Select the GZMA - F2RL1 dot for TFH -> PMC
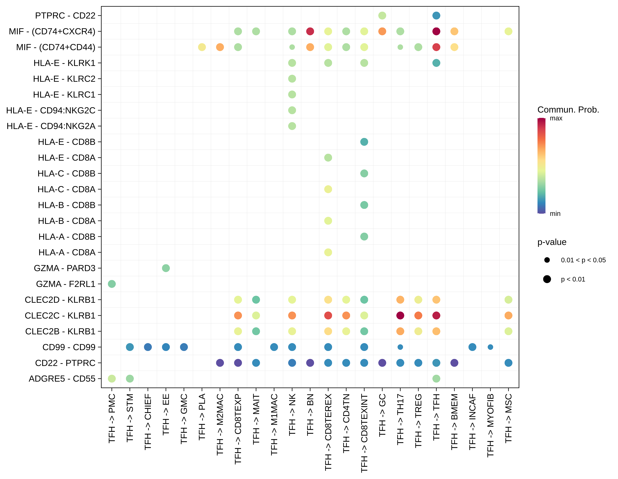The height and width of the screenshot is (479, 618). [x=112, y=284]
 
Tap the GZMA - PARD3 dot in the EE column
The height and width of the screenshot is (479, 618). [x=166, y=268]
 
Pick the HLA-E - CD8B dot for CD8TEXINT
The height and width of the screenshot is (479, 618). [x=364, y=142]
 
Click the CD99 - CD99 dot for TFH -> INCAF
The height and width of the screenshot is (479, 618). [x=472, y=347]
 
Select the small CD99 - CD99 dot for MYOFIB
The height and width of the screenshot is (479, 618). [x=490, y=347]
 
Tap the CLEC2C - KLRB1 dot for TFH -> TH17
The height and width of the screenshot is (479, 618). [x=400, y=316]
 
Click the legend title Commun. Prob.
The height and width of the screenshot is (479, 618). [x=568, y=110]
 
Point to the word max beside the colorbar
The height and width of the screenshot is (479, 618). [x=556, y=118]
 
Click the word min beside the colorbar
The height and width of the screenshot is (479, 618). [x=555, y=214]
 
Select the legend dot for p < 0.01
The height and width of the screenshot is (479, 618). [x=547, y=279]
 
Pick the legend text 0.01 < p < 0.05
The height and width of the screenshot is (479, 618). [x=583, y=260]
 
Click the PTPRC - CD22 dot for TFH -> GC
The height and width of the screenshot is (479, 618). [x=382, y=16]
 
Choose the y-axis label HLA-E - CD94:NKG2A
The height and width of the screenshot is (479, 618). [x=51, y=126]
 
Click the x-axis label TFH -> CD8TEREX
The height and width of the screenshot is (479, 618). [x=328, y=432]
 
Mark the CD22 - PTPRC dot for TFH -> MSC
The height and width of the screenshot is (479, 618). [x=508, y=363]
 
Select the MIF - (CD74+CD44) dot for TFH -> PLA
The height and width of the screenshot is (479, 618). [x=202, y=47]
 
